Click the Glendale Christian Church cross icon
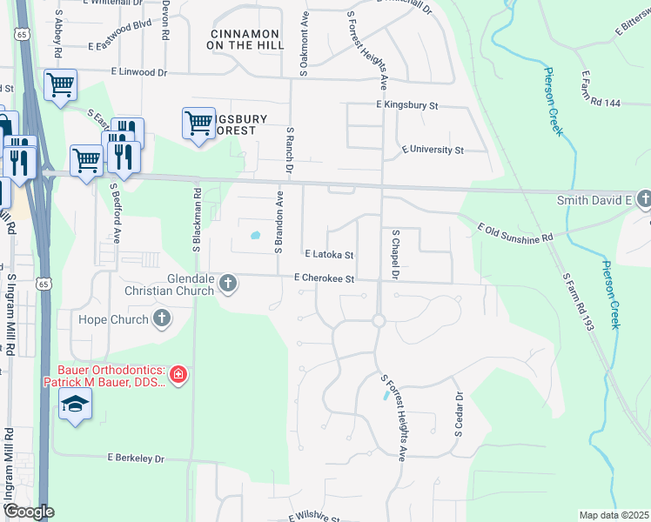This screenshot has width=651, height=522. (x=228, y=284)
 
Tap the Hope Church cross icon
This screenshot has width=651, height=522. (x=161, y=319)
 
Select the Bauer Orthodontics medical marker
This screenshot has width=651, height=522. (x=178, y=375)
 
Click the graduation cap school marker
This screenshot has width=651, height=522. (x=76, y=403)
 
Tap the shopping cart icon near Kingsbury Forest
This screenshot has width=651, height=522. (x=198, y=122)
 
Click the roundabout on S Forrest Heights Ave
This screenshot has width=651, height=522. (x=379, y=321)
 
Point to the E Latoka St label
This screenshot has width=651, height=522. (x=329, y=256)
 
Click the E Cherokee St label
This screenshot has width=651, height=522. (x=325, y=278)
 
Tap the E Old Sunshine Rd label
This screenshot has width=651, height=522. (x=515, y=232)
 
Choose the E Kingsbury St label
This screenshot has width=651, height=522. (x=406, y=105)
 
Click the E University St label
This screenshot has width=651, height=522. (x=433, y=151)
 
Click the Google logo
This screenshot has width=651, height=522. (x=29, y=512)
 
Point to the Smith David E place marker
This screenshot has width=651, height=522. (x=643, y=201)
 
